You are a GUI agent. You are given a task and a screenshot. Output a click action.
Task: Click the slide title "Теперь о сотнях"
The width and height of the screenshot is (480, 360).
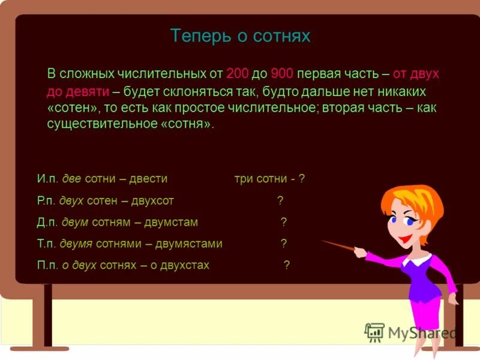(x=240, y=36)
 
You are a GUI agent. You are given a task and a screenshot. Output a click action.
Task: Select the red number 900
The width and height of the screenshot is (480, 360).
(x=281, y=74)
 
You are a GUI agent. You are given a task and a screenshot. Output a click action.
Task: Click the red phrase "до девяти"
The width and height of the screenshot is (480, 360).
(x=78, y=91)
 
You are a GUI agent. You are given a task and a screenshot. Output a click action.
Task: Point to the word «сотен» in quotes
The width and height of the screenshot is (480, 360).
(x=70, y=108)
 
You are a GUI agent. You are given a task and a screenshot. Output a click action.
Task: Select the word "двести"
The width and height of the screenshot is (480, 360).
(x=146, y=179)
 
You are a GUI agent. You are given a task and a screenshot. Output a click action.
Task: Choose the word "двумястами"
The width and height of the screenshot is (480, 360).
(x=189, y=244)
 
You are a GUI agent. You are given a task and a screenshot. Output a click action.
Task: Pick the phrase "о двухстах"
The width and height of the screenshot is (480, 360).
(x=179, y=265)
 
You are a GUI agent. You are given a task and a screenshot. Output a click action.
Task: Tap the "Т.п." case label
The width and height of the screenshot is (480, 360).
(x=46, y=244)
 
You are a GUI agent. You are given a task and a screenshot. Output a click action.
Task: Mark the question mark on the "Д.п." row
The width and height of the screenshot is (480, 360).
(x=284, y=222)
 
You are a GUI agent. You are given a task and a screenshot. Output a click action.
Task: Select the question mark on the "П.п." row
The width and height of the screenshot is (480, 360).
(x=287, y=265)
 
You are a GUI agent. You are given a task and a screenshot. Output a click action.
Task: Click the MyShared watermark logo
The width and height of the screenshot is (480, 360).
(x=410, y=332)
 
